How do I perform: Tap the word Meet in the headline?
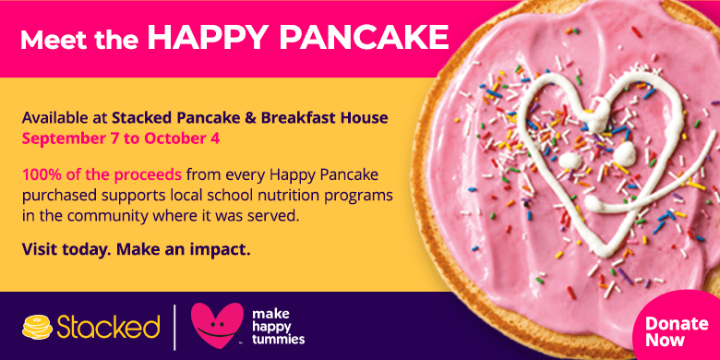tap(47, 40)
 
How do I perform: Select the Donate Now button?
tap(677, 331)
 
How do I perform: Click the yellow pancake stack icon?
tap(38, 327)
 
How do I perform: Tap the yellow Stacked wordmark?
tap(108, 327)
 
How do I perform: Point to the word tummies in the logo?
tap(278, 340)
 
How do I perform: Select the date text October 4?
tap(182, 138)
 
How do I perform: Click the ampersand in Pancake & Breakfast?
tap(251, 118)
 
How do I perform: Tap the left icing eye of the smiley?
tap(570, 161)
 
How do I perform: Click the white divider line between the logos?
tap(175, 327)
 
